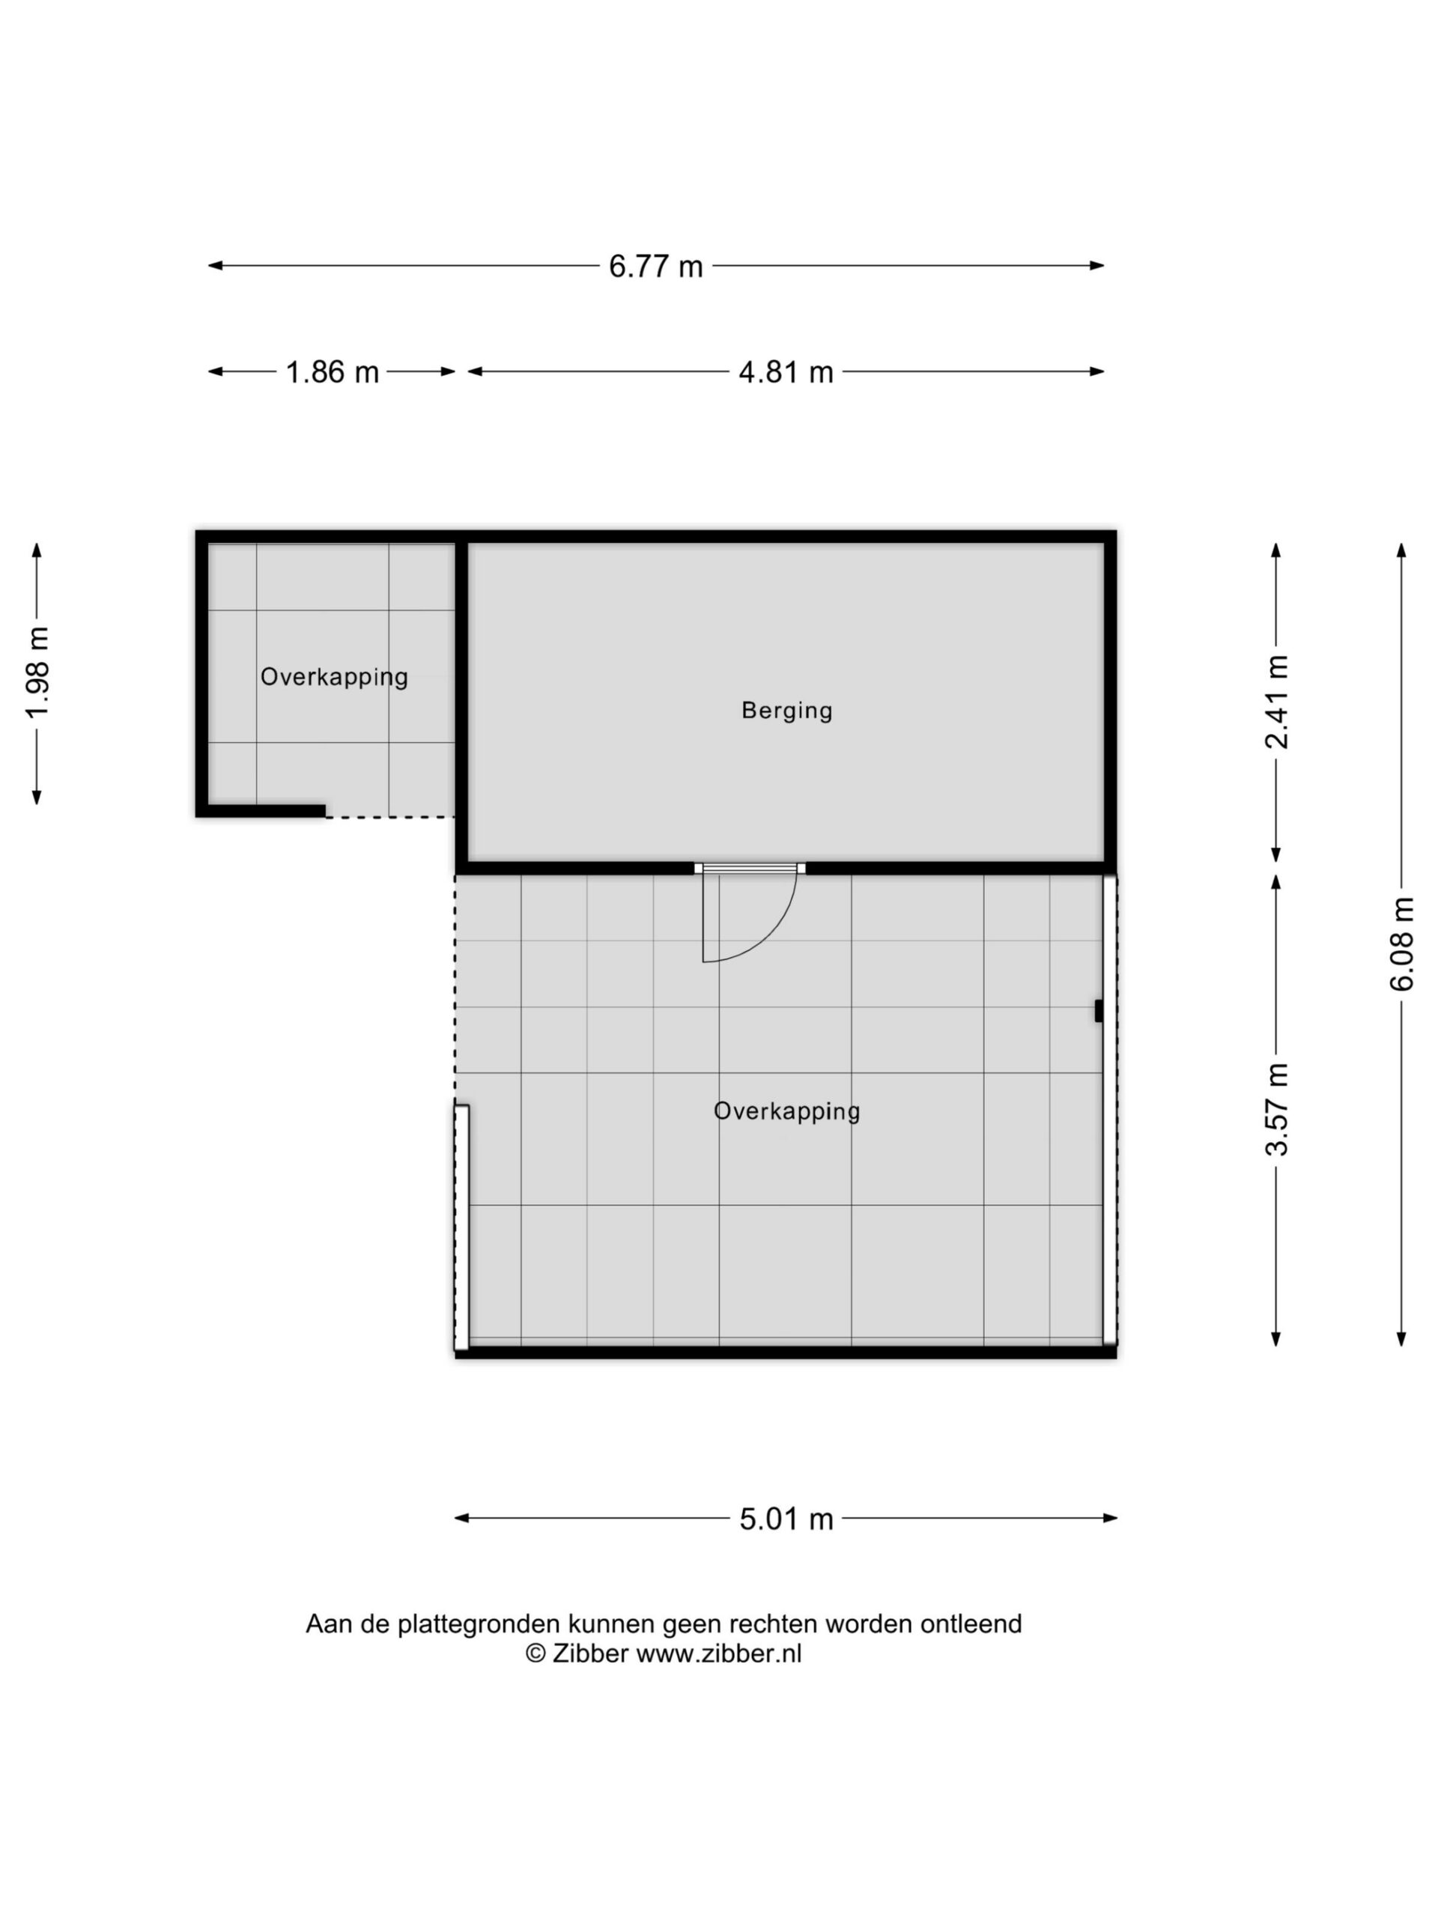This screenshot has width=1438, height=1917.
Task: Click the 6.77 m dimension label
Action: (x=655, y=266)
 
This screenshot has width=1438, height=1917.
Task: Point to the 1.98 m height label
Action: (x=37, y=672)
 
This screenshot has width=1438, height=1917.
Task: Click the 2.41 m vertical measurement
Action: (x=1277, y=702)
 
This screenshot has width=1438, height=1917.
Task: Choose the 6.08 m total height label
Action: (x=1401, y=944)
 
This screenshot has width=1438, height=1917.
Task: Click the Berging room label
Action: (x=787, y=711)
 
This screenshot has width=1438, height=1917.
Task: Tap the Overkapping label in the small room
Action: (x=335, y=678)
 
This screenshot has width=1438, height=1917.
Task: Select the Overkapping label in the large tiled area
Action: (x=787, y=1112)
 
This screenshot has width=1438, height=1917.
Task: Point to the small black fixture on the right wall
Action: (x=1098, y=1010)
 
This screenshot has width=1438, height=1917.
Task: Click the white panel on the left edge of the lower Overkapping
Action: (x=462, y=1227)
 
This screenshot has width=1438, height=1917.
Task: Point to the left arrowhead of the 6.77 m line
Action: (x=215, y=266)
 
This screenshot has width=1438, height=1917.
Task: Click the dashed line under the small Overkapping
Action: (x=390, y=816)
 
